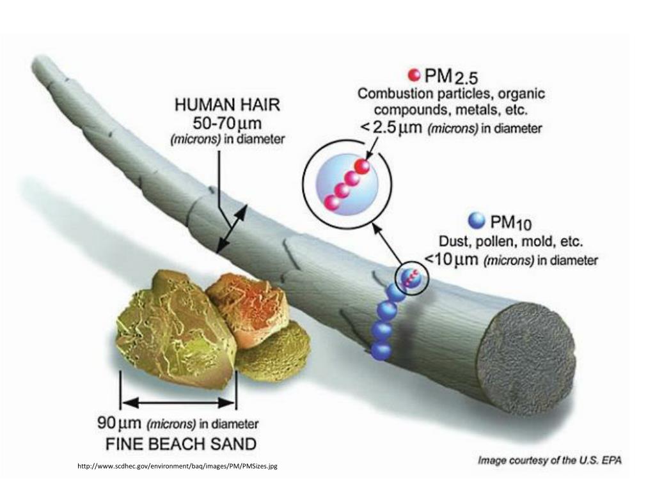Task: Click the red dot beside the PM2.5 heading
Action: pyautogui.click(x=414, y=75)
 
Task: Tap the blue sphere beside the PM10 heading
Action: pyautogui.click(x=477, y=221)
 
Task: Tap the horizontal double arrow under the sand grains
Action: pyautogui.click(x=178, y=402)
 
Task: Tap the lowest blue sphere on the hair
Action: pyautogui.click(x=381, y=350)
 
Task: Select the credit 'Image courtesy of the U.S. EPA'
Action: pyautogui.click(x=550, y=460)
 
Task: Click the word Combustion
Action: pyautogui.click(x=392, y=93)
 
